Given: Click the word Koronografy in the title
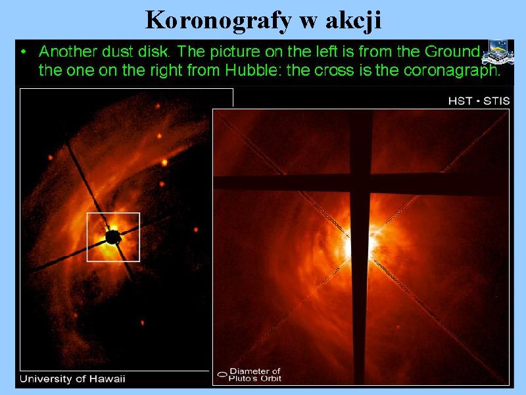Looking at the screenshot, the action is [x=218, y=21].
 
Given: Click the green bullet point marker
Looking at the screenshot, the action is [x=23, y=52].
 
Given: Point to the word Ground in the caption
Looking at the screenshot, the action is [x=453, y=51].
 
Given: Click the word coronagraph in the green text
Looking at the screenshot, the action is [x=452, y=71].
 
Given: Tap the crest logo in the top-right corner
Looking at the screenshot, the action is [x=498, y=52].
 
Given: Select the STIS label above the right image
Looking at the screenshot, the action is [x=496, y=101].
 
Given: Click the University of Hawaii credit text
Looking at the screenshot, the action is [x=72, y=379].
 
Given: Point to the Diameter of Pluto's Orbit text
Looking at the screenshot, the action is [x=255, y=375].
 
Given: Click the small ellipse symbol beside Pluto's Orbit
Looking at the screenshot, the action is [x=222, y=374].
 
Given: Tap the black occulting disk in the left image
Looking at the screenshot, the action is [x=113, y=237].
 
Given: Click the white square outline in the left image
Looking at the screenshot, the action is [x=87, y=237].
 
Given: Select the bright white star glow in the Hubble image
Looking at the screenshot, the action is [x=360, y=244].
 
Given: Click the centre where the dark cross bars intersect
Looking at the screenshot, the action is [x=360, y=183].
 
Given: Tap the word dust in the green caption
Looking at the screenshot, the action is [x=116, y=51].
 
